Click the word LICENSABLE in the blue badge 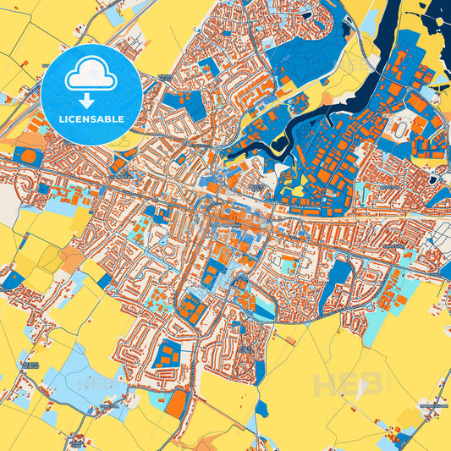pos(91,119)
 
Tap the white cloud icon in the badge pos(91,76)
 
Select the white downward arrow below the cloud pos(91,98)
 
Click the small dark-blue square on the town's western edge pos(13,280)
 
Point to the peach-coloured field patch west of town pos(71,259)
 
